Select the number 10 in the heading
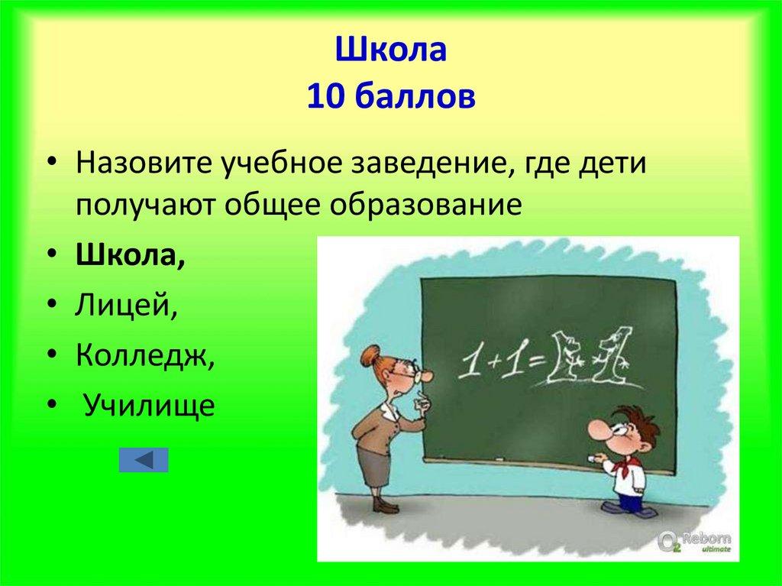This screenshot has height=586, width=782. coord(325,97)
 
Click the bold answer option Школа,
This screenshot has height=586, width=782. coord(130,257)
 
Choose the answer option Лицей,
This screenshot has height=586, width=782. coord(127,306)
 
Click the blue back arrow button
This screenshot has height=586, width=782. coord(144,459)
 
